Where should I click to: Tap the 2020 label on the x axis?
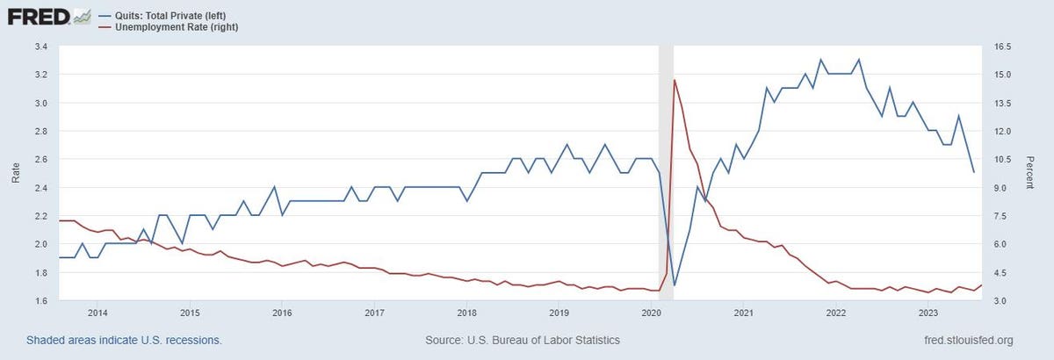click(x=651, y=313)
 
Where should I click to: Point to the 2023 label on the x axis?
click(x=928, y=313)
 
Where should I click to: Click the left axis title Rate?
click(x=15, y=173)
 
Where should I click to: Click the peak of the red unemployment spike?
click(x=675, y=80)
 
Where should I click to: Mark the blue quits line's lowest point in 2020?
click(x=675, y=285)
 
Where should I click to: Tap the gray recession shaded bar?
click(x=666, y=176)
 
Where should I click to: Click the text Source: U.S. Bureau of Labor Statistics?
click(x=523, y=340)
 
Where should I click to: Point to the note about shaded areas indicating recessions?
click(x=124, y=340)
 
